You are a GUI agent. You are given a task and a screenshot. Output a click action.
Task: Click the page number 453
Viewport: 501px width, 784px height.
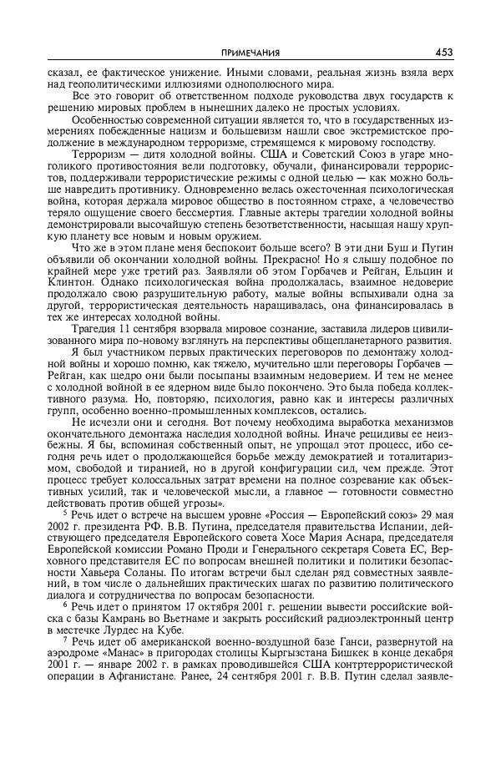pos(443,53)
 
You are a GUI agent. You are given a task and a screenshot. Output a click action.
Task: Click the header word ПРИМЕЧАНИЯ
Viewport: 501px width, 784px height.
pos(250,53)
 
